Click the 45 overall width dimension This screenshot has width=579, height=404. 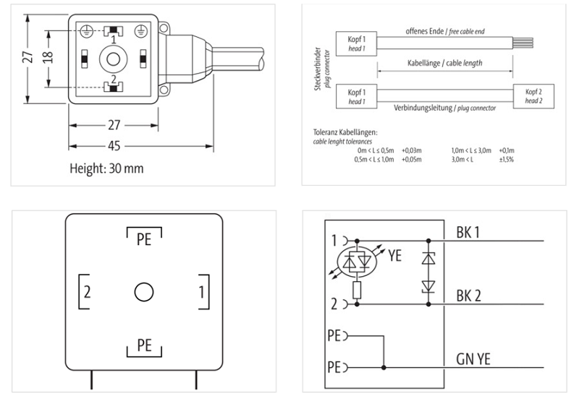coord(114,145)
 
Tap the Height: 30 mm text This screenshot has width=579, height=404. coord(106,168)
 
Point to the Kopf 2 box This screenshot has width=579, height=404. coord(533,96)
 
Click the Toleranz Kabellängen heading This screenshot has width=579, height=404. coord(345,133)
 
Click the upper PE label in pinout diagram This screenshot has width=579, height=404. coord(144,239)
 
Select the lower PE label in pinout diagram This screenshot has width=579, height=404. coord(144,345)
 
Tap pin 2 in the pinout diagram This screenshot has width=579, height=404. coord(86,293)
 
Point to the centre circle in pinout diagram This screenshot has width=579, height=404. coord(144,293)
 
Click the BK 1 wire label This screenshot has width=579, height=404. coord(469,233)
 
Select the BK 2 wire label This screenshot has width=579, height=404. coord(469,296)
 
